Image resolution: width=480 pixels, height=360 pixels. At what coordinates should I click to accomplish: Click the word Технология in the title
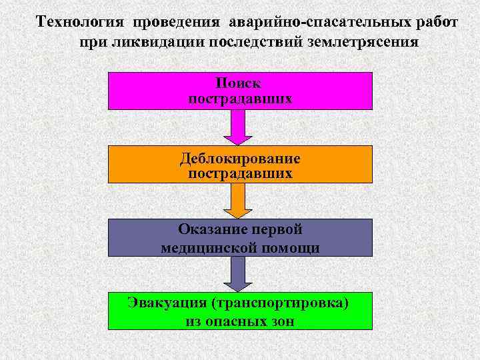click(81, 21)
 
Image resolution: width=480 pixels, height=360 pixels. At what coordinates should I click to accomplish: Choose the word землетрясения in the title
click(359, 42)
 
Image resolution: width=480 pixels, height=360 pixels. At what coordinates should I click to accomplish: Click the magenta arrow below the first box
click(238, 127)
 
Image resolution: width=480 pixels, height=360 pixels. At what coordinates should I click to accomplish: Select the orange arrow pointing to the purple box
click(238, 200)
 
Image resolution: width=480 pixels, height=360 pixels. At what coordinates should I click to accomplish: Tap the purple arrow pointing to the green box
click(238, 273)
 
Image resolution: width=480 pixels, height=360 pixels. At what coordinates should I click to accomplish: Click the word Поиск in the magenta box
click(239, 83)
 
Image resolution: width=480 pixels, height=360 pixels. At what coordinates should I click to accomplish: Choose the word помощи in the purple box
click(291, 248)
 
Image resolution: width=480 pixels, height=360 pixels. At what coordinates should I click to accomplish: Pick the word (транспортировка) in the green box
click(281, 303)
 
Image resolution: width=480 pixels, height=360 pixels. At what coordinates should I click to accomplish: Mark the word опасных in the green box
click(233, 321)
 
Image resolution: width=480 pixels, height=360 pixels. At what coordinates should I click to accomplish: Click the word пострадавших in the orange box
click(240, 174)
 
